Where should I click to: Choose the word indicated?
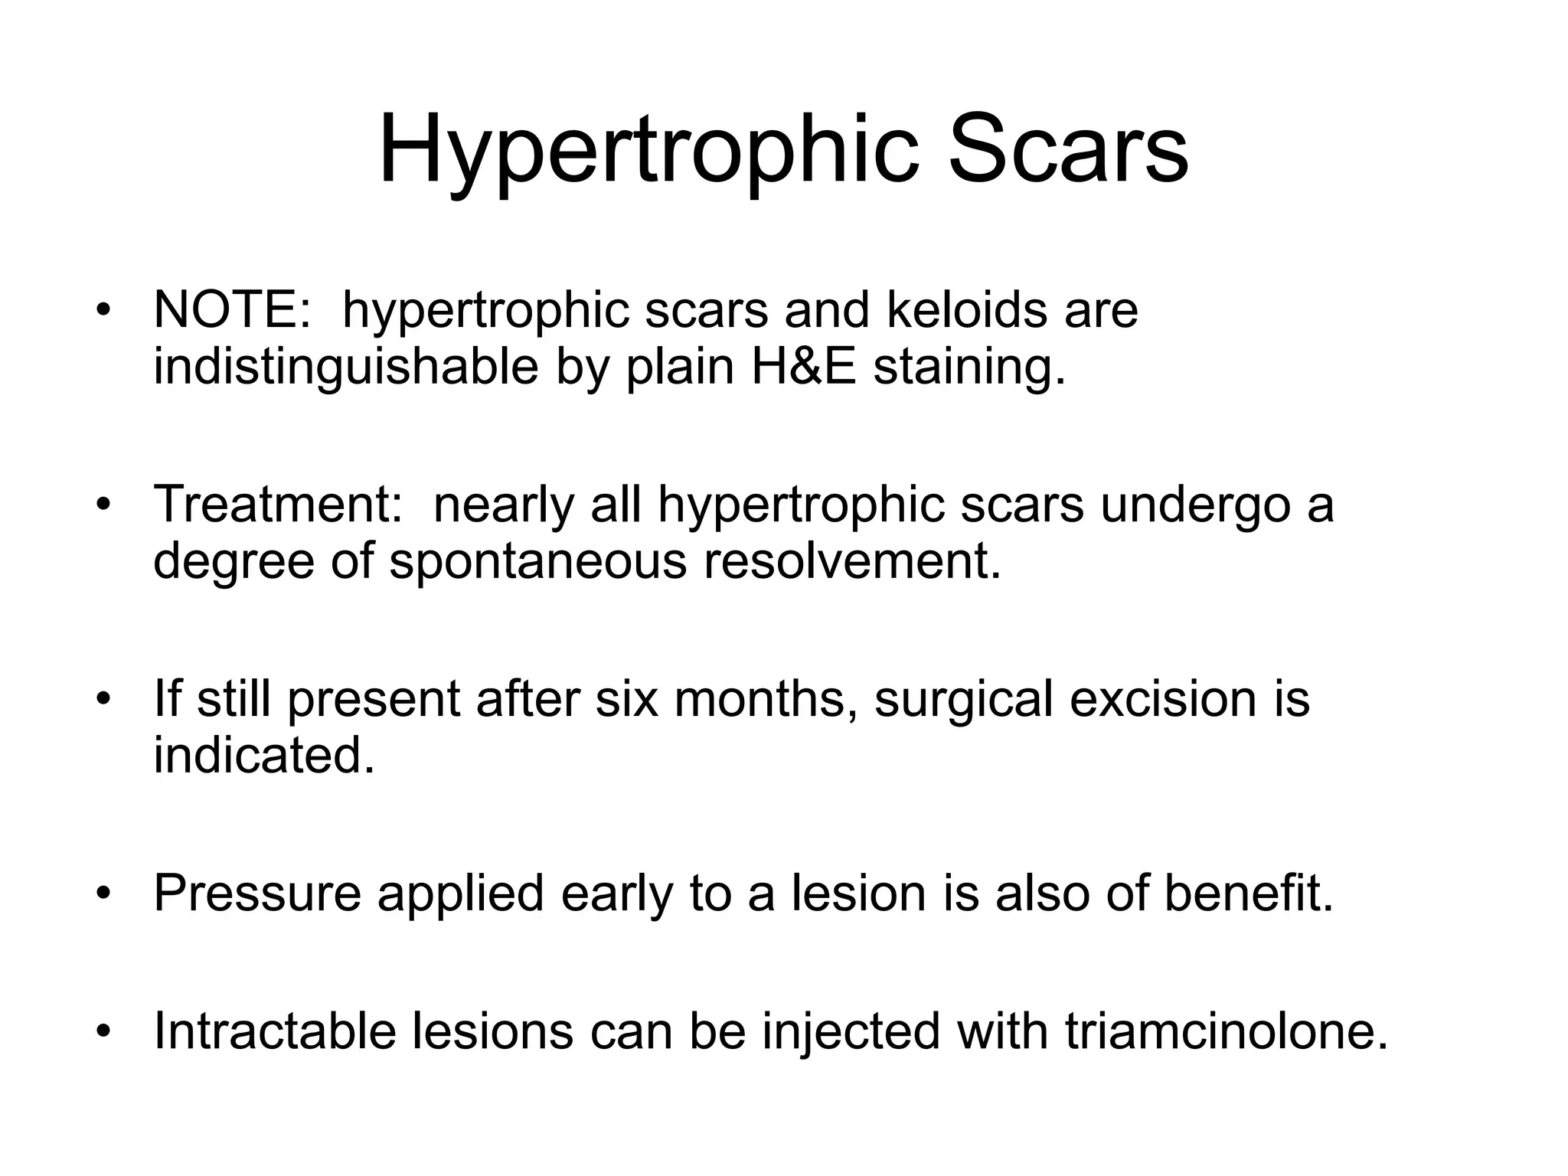pos(264,756)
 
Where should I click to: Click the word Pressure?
pos(257,893)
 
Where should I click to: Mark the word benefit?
pos(1249,893)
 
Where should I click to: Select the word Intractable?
pos(275,1031)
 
